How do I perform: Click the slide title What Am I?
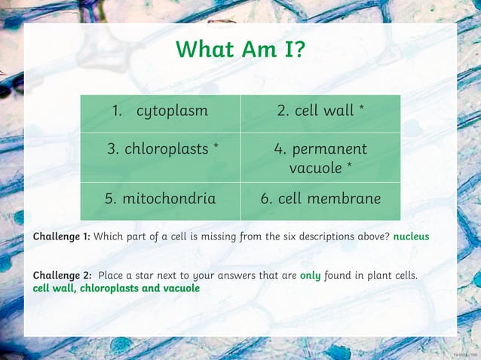[x=240, y=50]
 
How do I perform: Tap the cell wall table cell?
[x=320, y=111]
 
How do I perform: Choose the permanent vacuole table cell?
[x=320, y=157]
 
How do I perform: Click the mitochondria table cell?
[x=161, y=199]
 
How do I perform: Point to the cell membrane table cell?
[x=320, y=199]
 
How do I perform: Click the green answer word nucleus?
[x=411, y=236]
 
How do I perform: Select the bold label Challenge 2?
[x=63, y=276]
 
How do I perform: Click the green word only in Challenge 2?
[x=310, y=276]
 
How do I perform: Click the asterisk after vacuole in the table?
[x=349, y=166]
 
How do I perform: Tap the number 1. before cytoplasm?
[x=118, y=111]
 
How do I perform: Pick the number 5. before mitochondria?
[x=110, y=199]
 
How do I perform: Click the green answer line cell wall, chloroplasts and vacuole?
[x=116, y=288]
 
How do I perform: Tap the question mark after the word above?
[x=388, y=236]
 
